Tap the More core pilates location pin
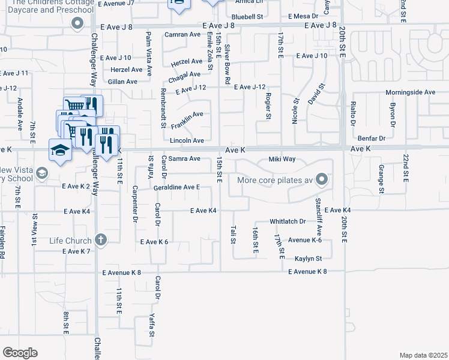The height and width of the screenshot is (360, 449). point(322,179)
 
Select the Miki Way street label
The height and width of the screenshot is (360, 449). point(282,159)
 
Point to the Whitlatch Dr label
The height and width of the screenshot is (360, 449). point(288,221)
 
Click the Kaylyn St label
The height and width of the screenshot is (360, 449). point(308,259)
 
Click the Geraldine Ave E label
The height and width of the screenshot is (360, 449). point(176,187)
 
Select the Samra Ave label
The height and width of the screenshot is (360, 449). point(184,159)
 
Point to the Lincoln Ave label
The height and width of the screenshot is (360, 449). point(187,140)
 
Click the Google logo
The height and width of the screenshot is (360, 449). point(20,353)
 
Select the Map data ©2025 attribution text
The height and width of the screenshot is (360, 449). point(423,355)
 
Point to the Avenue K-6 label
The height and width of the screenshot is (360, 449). point(305,240)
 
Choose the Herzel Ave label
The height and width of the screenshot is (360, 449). point(186,62)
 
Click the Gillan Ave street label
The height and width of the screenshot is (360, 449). point(123,82)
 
